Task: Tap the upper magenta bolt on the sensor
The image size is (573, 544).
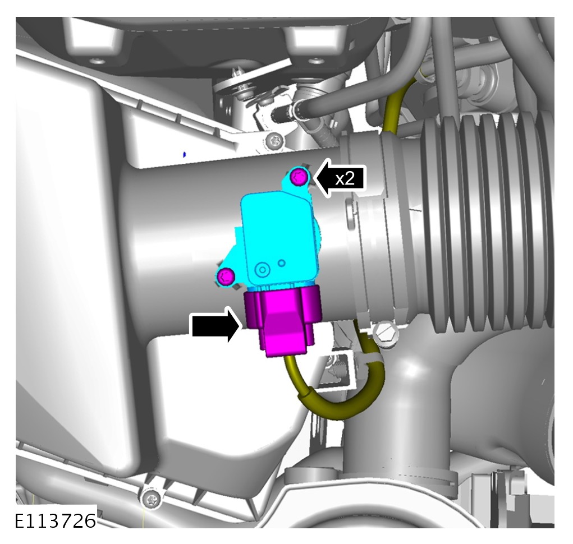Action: pyautogui.click(x=299, y=178)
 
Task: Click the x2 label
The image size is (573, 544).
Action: pyautogui.click(x=345, y=179)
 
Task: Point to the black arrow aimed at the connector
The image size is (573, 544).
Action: pyautogui.click(x=216, y=325)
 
